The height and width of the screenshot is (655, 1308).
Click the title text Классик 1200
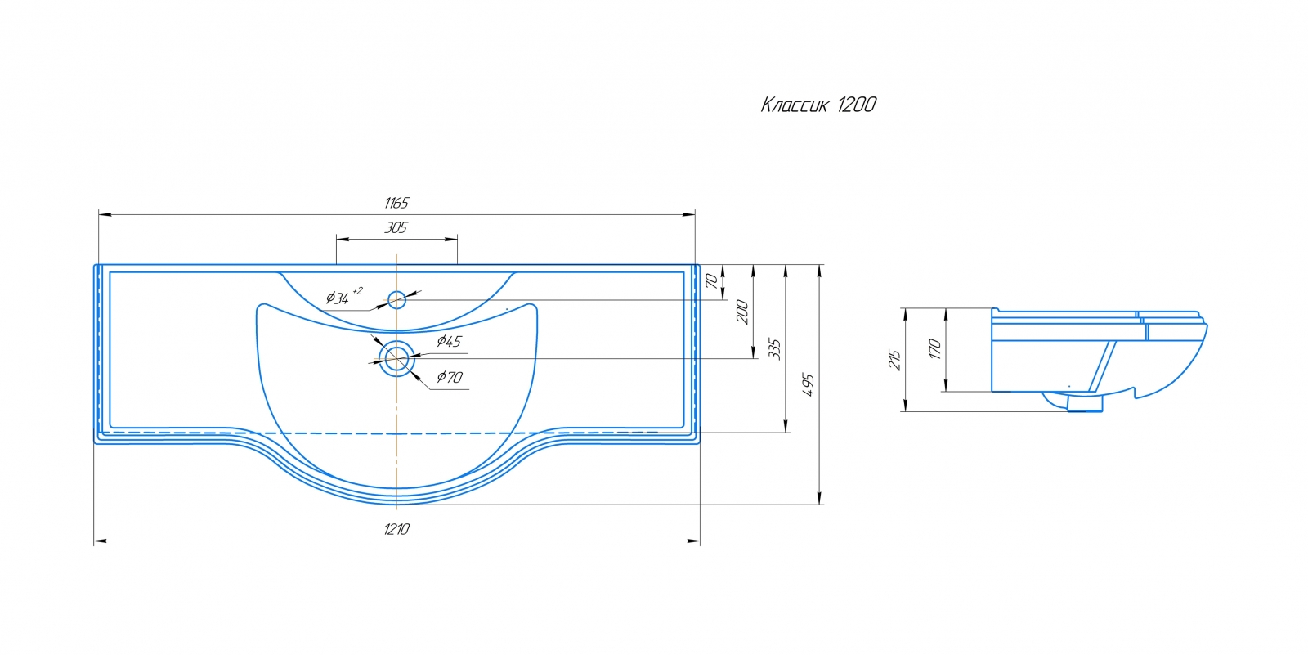(x=818, y=105)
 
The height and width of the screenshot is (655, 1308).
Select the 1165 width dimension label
(x=396, y=203)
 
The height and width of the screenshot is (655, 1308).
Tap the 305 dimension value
(x=396, y=227)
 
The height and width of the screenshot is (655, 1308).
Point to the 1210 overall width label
(x=396, y=529)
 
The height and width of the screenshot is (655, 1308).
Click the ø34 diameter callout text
(x=343, y=297)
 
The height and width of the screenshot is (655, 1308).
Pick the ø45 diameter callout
(x=449, y=341)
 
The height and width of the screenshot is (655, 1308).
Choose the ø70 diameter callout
(x=450, y=377)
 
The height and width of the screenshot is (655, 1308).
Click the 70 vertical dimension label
(x=711, y=281)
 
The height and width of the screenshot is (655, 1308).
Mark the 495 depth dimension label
(x=809, y=384)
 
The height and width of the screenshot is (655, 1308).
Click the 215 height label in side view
(x=894, y=360)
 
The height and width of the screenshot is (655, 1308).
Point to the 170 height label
(x=935, y=349)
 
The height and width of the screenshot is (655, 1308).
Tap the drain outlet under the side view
(x=1085, y=403)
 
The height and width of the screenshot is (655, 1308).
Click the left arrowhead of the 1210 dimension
(x=100, y=541)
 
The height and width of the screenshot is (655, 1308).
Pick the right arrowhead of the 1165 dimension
(x=689, y=214)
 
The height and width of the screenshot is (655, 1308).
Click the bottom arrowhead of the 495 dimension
(x=820, y=498)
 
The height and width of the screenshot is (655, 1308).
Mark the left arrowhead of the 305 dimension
(x=343, y=239)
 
